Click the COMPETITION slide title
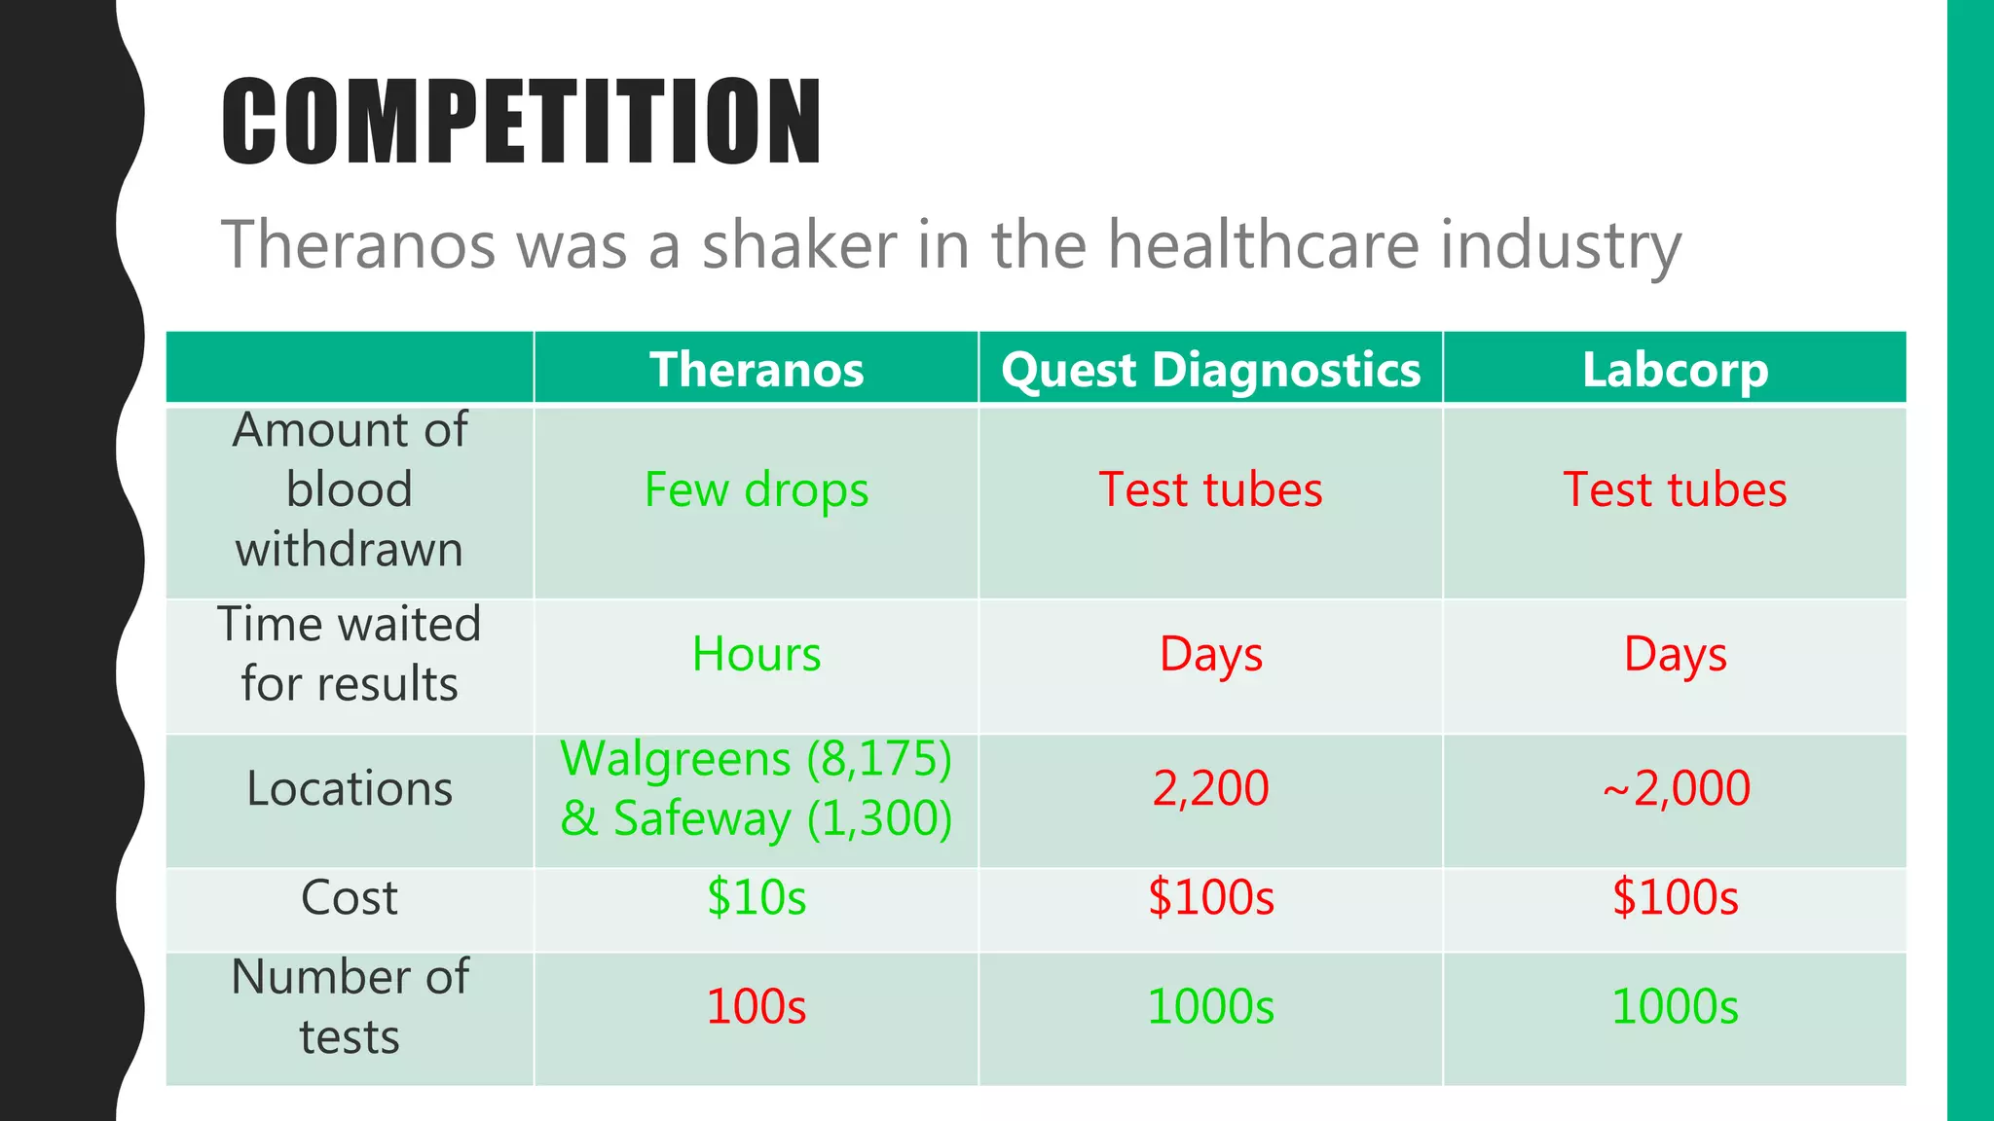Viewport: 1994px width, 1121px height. pos(522,122)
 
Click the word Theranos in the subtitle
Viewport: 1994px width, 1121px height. pos(358,244)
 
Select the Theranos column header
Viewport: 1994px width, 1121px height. pos(757,370)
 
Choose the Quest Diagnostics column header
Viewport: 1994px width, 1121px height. pos(1210,370)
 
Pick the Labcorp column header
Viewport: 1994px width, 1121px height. pos(1675,370)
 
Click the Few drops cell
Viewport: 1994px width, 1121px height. pos(757,489)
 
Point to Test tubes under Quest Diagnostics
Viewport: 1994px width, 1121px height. pos(1210,489)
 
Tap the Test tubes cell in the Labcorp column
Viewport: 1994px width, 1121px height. pos(1675,489)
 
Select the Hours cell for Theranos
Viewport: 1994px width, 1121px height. pos(757,654)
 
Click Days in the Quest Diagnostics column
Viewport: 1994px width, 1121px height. pos(1210,654)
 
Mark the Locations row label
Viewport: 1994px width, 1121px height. pos(350,788)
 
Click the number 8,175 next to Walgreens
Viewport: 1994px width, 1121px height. pos(879,759)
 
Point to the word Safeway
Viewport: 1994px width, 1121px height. pos(701,818)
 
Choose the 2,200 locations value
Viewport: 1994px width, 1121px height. pos(1210,788)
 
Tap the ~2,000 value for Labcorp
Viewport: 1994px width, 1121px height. pos(1675,788)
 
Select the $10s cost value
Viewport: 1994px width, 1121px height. pos(757,897)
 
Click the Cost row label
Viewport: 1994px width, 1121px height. pos(350,897)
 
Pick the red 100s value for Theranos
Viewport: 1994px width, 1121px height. pos(757,1006)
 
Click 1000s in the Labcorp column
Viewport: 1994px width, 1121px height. pos(1675,1006)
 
